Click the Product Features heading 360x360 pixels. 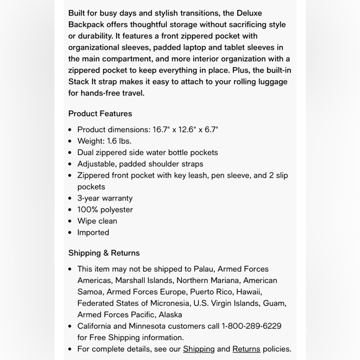(100, 114)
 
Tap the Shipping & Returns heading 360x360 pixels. (104, 253)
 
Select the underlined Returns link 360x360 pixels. (246, 349)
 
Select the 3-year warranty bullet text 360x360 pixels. (105, 198)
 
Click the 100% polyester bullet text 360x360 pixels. (105, 210)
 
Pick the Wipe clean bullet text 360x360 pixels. (97, 221)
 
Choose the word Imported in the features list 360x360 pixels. (93, 233)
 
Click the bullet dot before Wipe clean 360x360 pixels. (70, 222)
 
